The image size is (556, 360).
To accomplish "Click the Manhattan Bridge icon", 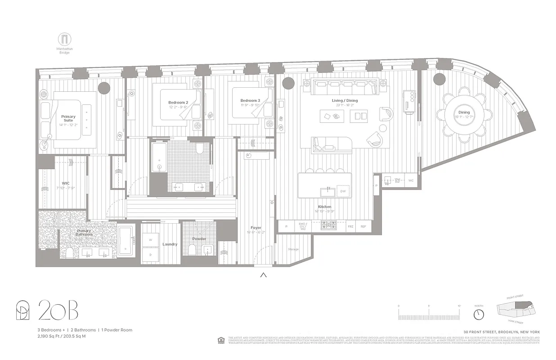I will (x=65, y=39).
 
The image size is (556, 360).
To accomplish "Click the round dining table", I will (x=464, y=115).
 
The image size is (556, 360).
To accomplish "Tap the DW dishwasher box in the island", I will (x=343, y=192).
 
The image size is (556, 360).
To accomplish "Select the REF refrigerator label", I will (x=363, y=227).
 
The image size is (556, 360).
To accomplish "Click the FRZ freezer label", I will (x=350, y=227).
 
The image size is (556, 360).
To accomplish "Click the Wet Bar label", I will (x=398, y=180).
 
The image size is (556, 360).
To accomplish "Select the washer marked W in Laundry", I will (x=150, y=240).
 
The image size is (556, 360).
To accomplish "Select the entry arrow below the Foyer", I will (x=264, y=275).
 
